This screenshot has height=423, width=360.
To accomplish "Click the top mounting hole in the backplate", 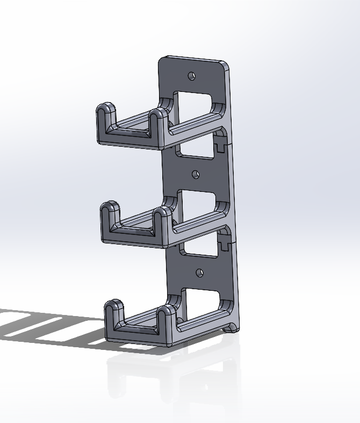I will [191, 76].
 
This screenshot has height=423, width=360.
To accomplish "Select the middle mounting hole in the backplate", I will [196, 174].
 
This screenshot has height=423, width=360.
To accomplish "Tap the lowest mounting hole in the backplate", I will [199, 273].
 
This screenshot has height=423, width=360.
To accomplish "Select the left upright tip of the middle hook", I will [110, 209].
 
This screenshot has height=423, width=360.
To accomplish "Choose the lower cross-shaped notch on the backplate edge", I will [224, 245].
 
